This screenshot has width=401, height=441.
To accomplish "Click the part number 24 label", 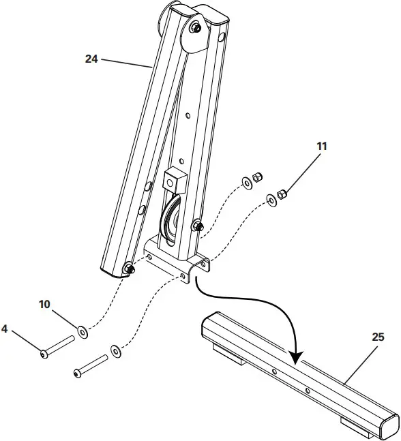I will tap(91, 59).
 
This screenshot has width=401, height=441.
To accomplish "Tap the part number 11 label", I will tap(321, 146).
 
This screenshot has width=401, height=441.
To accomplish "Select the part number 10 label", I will tap(44, 304).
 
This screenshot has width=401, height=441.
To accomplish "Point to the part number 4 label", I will tap(5, 329).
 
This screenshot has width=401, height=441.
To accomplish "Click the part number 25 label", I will tap(379, 337).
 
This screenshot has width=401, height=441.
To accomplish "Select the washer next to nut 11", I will tap(271, 200).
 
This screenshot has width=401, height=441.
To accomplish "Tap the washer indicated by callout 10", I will tap(83, 332).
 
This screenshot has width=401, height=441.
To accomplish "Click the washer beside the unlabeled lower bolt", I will tap(116, 351).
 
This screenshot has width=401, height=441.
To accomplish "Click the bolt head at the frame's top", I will tap(196, 28).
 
